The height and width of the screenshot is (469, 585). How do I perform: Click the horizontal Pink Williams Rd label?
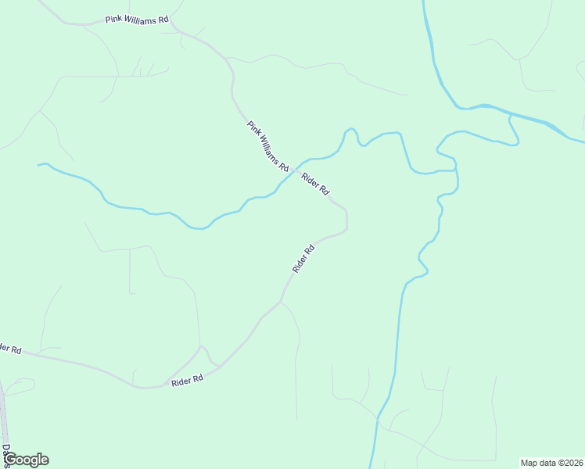(x=137, y=19)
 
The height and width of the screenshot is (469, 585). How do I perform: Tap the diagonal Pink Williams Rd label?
(x=268, y=147)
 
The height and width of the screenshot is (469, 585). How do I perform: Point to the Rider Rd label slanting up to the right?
(x=303, y=259)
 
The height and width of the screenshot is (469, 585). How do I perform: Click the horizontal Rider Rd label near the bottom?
(x=187, y=380)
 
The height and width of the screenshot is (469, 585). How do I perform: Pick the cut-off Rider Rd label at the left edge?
(x=10, y=348)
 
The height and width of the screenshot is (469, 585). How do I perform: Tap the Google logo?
(x=26, y=460)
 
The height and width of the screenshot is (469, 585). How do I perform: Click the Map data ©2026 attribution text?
(x=551, y=462)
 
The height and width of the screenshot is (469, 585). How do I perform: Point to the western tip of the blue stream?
(x=39, y=165)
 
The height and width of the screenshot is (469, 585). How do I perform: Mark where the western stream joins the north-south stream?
(x=454, y=170)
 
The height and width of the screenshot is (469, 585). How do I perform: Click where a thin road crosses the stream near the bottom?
(x=378, y=420)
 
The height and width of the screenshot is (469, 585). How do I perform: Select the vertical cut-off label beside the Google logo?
(x=5, y=454)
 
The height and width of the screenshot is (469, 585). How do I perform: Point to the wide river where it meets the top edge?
(x=425, y=3)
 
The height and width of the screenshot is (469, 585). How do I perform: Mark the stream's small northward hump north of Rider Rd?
(x=350, y=131)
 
